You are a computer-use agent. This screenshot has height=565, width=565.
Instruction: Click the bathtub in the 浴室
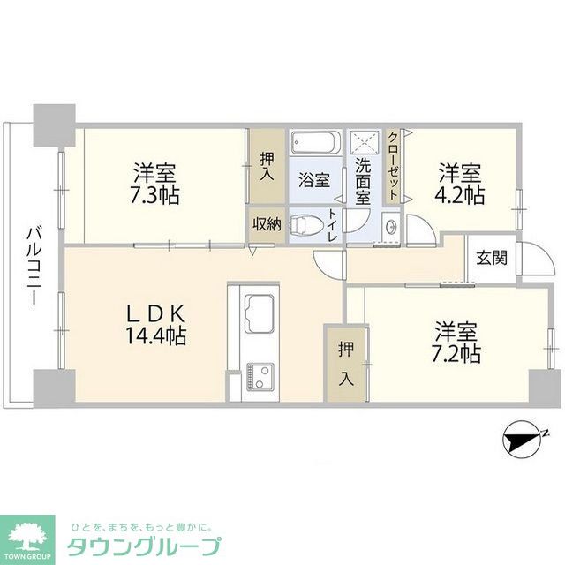click(x=316, y=143)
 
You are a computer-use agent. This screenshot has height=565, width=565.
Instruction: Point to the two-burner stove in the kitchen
click(x=260, y=377)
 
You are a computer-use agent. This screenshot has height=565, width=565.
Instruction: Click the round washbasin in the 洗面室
click(x=391, y=227)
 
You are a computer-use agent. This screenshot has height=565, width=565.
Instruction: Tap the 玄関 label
click(x=492, y=258)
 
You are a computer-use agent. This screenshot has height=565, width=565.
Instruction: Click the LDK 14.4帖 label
click(x=155, y=324)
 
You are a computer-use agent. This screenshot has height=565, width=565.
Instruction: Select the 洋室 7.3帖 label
click(x=154, y=184)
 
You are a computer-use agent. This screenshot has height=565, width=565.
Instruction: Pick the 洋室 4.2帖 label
click(x=459, y=184)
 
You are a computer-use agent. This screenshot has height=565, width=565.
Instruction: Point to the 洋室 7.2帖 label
click(x=456, y=342)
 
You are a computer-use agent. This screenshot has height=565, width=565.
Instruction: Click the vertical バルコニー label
click(x=33, y=266)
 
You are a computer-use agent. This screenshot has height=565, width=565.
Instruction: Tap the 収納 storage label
click(x=267, y=224)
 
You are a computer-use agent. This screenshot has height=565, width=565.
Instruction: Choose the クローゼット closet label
click(x=394, y=166)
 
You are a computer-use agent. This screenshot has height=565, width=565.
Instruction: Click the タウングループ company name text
click(x=143, y=547)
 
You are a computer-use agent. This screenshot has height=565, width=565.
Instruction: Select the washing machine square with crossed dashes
click(x=365, y=142)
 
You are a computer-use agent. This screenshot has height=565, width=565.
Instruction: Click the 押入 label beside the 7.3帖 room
click(x=267, y=167)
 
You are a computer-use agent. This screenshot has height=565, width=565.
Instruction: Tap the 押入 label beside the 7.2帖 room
click(x=346, y=365)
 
